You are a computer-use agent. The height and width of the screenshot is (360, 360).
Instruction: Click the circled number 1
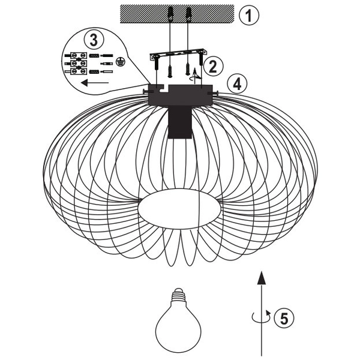(x=248, y=14)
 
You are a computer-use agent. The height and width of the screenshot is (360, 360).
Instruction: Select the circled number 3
(x=92, y=40)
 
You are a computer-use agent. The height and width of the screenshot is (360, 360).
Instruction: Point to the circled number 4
(x=238, y=83)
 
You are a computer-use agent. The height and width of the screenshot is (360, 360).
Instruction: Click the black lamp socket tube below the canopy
(x=180, y=122)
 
